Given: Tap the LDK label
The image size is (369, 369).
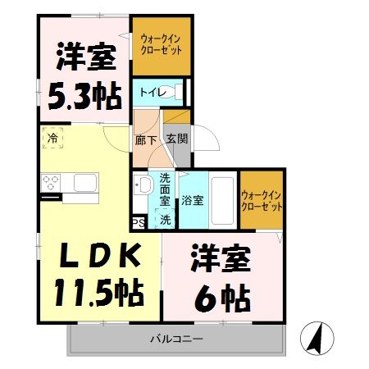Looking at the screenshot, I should point(94,257).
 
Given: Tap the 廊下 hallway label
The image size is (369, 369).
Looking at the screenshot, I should point(144,140).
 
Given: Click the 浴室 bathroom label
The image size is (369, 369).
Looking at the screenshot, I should point(193,200).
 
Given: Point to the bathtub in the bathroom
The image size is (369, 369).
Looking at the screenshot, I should point(221,199).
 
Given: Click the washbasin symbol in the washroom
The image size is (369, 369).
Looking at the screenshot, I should point(142,185).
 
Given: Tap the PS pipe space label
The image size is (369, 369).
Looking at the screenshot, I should point(138,221).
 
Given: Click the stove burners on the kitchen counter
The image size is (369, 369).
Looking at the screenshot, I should point(52,181).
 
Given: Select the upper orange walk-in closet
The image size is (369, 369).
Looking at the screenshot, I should point(161,45).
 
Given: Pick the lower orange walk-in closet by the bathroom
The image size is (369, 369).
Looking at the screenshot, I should point(262,199).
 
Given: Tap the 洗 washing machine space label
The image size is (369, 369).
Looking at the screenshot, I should point(165,219).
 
